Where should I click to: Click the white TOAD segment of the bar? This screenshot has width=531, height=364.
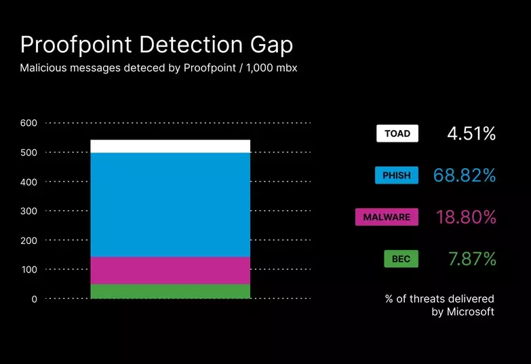[170, 146]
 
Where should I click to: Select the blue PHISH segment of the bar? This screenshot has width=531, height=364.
[170, 205]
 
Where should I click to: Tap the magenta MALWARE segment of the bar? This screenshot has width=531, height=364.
[170, 270]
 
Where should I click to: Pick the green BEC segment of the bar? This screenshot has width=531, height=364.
[170, 291]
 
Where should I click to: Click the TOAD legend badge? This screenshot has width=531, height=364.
[397, 134]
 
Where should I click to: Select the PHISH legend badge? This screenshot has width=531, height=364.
[397, 176]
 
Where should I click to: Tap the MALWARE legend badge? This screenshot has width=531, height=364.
[387, 217]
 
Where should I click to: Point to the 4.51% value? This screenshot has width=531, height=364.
[471, 134]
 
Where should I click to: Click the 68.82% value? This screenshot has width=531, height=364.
[465, 176]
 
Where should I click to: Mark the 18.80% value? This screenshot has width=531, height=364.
[466, 218]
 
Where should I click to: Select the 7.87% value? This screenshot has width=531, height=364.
[472, 259]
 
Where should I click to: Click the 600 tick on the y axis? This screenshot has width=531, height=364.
[28, 123]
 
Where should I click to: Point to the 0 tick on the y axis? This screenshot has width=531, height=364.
[35, 299]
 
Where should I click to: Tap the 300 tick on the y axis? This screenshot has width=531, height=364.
[28, 211]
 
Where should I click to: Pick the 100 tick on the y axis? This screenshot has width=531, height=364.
[28, 270]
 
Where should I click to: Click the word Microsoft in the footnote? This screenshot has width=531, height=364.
[470, 312]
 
